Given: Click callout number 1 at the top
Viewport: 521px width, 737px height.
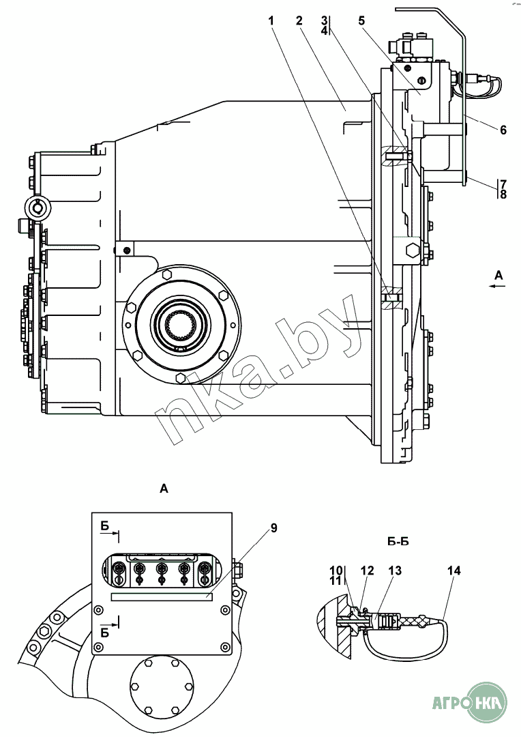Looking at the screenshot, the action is (271, 21).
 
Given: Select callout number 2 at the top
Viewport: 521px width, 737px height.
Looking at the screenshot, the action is (299, 21).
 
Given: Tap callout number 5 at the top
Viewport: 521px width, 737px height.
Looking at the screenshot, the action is (361, 21).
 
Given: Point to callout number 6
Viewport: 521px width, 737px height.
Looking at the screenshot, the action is (503, 130).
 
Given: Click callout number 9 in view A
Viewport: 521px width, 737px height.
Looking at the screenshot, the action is (273, 528).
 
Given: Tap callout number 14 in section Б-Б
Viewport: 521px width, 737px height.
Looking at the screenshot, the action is (453, 570).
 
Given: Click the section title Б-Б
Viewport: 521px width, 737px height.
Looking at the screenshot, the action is (397, 543).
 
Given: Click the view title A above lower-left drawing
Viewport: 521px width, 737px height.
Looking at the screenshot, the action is (162, 488).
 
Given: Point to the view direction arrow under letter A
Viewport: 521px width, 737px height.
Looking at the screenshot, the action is (498, 287).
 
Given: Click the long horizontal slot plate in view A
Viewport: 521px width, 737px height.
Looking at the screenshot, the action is (162, 596).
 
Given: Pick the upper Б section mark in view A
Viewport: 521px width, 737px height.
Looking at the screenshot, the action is (106, 526).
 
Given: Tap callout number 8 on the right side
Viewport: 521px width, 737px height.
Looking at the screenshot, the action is (503, 194).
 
